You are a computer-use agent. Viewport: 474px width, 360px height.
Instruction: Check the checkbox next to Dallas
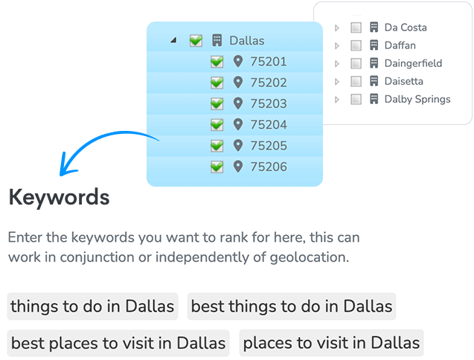[196, 40]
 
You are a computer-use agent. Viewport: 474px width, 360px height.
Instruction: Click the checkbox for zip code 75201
[217, 62]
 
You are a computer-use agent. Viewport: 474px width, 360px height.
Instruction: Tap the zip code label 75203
[269, 103]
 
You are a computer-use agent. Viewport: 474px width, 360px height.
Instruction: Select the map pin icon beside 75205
[238, 145]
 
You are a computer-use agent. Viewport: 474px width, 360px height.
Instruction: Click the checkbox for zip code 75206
[217, 167]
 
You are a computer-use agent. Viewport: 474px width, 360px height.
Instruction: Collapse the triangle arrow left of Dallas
[173, 40]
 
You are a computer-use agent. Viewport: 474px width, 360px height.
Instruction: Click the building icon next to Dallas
[217, 40]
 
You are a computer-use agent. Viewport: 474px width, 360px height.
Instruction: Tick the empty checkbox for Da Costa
[356, 28]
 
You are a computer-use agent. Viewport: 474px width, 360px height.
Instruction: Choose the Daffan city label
[400, 45]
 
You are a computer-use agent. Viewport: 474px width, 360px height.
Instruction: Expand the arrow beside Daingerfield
[337, 63]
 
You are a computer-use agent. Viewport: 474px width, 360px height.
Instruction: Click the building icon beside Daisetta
[374, 81]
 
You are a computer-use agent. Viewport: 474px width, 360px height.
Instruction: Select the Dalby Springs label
[417, 99]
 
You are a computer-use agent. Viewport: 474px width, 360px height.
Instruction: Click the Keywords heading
[59, 197]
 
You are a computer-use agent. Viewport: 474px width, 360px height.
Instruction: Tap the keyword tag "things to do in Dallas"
[92, 306]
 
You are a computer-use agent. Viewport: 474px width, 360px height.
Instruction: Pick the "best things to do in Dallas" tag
[292, 306]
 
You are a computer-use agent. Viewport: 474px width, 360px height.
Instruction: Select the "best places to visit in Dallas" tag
[118, 343]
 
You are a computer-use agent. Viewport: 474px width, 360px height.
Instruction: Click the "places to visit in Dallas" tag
[331, 343]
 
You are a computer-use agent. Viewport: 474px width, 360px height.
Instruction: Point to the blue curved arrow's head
[61, 173]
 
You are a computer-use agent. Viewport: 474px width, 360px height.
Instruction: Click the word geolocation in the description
[310, 257]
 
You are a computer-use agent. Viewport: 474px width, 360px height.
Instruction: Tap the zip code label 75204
[269, 124]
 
